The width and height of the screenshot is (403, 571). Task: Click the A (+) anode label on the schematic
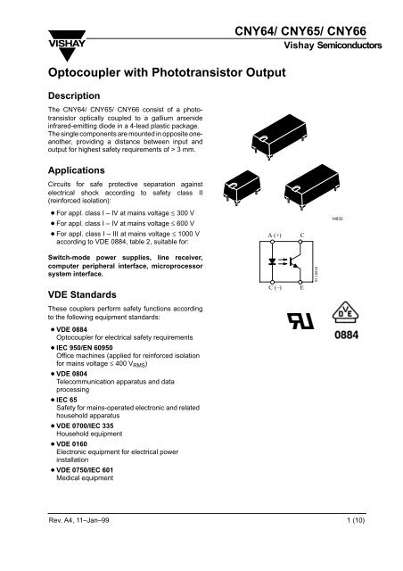[x=268, y=235]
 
